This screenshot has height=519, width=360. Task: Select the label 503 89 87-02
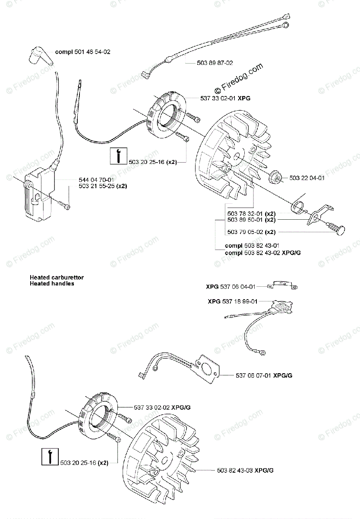click(x=215, y=63)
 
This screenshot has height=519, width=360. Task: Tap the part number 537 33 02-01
click(x=218, y=98)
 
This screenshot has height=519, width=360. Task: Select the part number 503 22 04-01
click(x=306, y=177)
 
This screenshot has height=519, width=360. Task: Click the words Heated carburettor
click(x=57, y=277)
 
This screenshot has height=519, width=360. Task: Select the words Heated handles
click(x=52, y=284)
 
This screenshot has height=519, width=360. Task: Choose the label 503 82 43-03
click(x=230, y=470)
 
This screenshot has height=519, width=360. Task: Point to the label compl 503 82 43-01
click(x=246, y=245)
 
